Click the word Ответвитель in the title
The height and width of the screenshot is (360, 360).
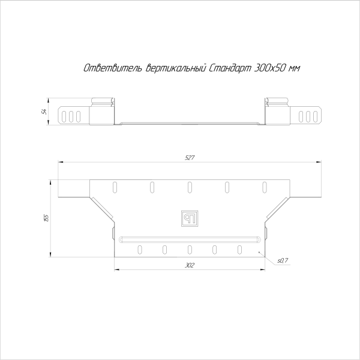pyautogui.click(x=112, y=70)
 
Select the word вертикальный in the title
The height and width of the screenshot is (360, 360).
pyautogui.click(x=176, y=70)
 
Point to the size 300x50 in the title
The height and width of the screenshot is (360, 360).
pyautogui.click(x=269, y=70)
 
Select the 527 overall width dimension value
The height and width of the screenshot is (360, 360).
pyautogui.click(x=190, y=158)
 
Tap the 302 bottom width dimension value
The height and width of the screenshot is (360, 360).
pyautogui.click(x=190, y=265)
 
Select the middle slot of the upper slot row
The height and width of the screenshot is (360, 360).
pyautogui.click(x=190, y=186)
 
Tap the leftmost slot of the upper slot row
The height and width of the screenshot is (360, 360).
pyautogui.click(x=113, y=186)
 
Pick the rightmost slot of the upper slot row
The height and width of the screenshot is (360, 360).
pyautogui.click(x=264, y=186)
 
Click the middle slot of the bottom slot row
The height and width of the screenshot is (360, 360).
pyautogui.click(x=190, y=249)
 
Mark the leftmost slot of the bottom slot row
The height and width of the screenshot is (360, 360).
pyautogui.click(x=140, y=249)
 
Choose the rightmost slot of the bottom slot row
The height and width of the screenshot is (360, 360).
pyautogui.click(x=239, y=249)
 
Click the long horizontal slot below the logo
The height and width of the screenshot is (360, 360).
pyautogui.click(x=190, y=239)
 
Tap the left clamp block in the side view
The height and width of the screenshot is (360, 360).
pyautogui.click(x=101, y=112)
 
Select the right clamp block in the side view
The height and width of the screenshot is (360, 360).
pyautogui.click(x=278, y=112)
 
